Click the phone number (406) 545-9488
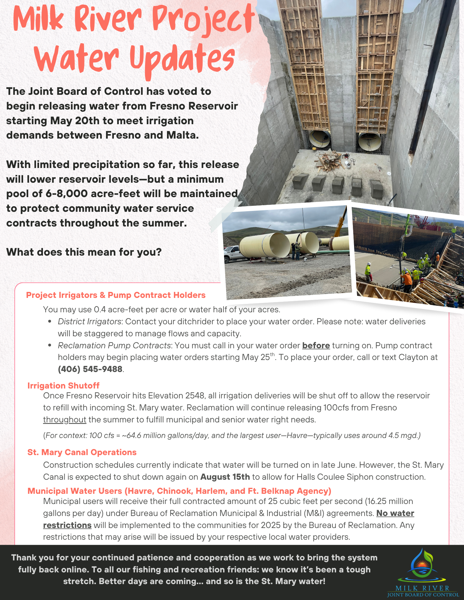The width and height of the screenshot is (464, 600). click(90, 369)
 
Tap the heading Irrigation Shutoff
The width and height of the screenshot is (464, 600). click(63, 385)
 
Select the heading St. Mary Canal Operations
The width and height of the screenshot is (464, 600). click(82, 452)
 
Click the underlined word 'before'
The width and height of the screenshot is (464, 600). click(316, 346)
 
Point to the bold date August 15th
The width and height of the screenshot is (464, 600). click(225, 477)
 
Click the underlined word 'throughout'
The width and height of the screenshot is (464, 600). click(65, 419)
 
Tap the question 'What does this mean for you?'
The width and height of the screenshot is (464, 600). click(84, 252)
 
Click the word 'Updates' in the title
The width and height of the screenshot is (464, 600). click(182, 58)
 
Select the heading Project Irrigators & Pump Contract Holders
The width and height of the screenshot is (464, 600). click(116, 295)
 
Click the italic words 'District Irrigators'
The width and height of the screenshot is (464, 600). click(89, 322)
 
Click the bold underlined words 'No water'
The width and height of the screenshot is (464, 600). click(395, 513)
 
